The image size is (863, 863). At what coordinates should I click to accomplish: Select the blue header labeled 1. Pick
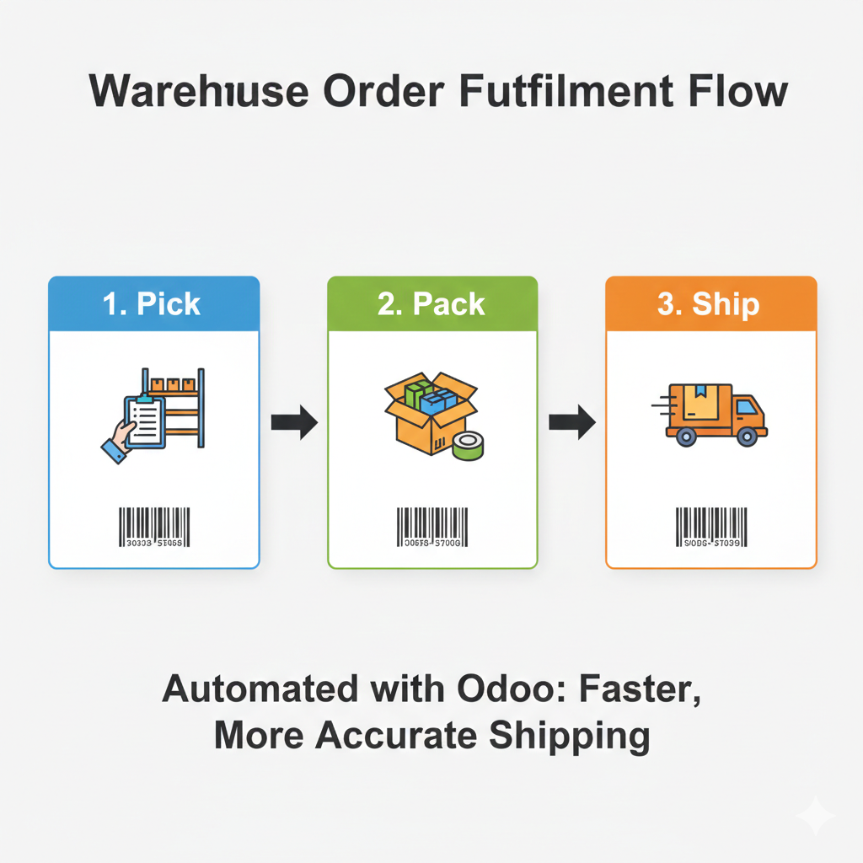154,303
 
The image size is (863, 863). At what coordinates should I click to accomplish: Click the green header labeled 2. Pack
432,303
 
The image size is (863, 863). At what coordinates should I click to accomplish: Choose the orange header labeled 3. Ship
710,303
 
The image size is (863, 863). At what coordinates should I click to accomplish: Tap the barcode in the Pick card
154,527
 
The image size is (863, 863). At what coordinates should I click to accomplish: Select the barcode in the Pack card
432,527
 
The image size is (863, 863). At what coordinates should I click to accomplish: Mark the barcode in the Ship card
711,527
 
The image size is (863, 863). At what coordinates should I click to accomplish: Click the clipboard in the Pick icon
144,419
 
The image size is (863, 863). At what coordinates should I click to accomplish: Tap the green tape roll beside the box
468,446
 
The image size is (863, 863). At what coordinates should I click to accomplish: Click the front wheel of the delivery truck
746,436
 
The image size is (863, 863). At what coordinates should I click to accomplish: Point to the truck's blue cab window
745,409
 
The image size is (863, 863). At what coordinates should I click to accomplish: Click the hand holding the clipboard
119,441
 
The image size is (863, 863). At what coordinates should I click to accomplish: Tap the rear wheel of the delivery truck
685,436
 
